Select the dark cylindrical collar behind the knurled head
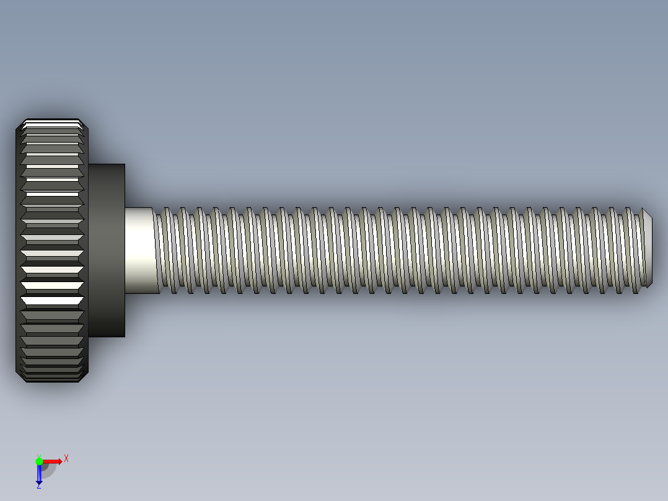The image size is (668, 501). [107, 250]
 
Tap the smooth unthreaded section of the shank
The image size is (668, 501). [139, 250]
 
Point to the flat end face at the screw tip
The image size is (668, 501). [648, 248]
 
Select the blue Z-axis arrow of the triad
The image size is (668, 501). [39, 472]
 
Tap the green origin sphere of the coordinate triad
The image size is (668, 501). [39, 461]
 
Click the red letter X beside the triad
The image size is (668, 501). [66, 459]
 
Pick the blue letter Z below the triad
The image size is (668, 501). [38, 486]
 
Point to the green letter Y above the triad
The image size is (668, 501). [38, 455]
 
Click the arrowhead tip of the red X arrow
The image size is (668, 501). [60, 461]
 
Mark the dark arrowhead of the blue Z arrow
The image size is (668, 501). [39, 481]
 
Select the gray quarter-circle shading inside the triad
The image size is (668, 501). [47, 469]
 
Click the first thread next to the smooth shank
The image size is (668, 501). [160, 250]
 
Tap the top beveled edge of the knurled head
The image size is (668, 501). [53, 122]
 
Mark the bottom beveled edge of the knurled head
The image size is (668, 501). [53, 379]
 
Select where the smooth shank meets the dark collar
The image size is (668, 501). [126, 250]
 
